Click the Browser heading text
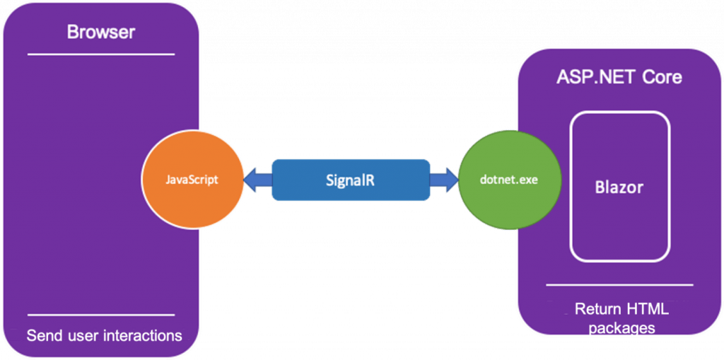[100, 32]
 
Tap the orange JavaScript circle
[192, 180]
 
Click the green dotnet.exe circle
[508, 180]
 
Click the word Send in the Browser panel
[43, 335]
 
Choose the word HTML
[645, 309]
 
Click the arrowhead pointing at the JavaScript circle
[252, 180]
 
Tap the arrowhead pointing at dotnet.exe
[450, 180]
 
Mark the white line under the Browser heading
[101, 54]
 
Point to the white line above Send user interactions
[101, 315]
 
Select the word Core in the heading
[662, 76]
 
